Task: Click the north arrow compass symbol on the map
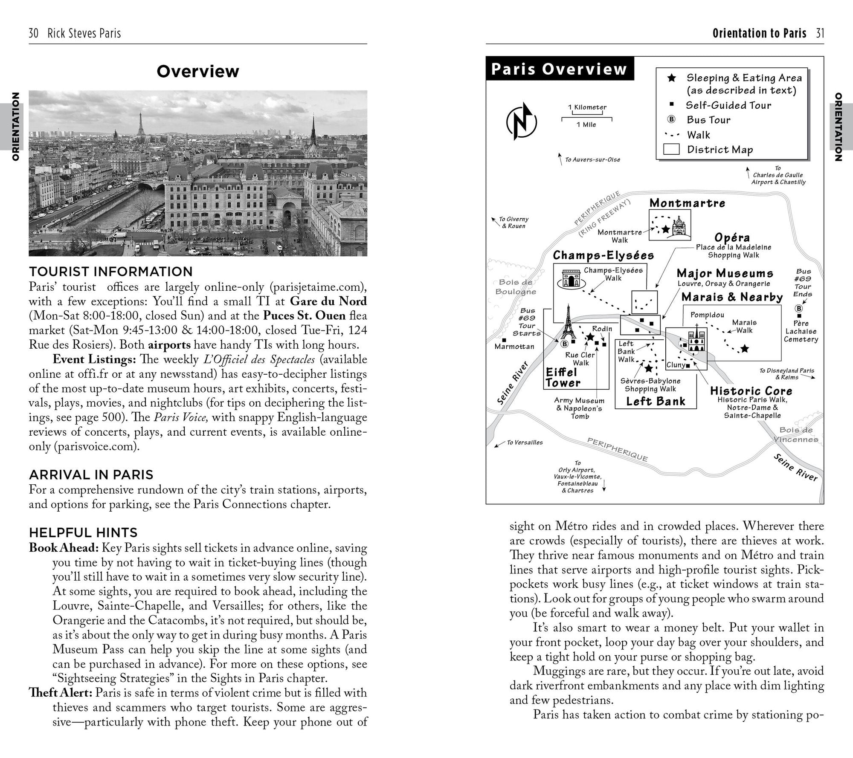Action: coord(521,122)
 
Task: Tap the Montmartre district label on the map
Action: coord(687,203)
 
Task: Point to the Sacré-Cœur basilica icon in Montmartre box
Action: coord(678,226)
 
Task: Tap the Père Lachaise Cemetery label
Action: coord(801,331)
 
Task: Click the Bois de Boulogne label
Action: coord(515,287)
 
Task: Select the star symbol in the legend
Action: coord(671,78)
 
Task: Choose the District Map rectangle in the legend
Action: coord(671,150)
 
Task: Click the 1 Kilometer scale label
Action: coord(587,107)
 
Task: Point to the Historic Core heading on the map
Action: coord(751,391)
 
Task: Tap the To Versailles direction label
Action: coord(524,443)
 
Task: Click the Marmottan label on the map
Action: coord(514,347)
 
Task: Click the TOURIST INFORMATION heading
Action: coord(111,272)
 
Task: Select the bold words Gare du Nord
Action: coord(328,301)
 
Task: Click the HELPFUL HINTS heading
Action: coord(83,532)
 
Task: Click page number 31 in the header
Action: coord(820,33)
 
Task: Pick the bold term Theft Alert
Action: coord(61,693)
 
